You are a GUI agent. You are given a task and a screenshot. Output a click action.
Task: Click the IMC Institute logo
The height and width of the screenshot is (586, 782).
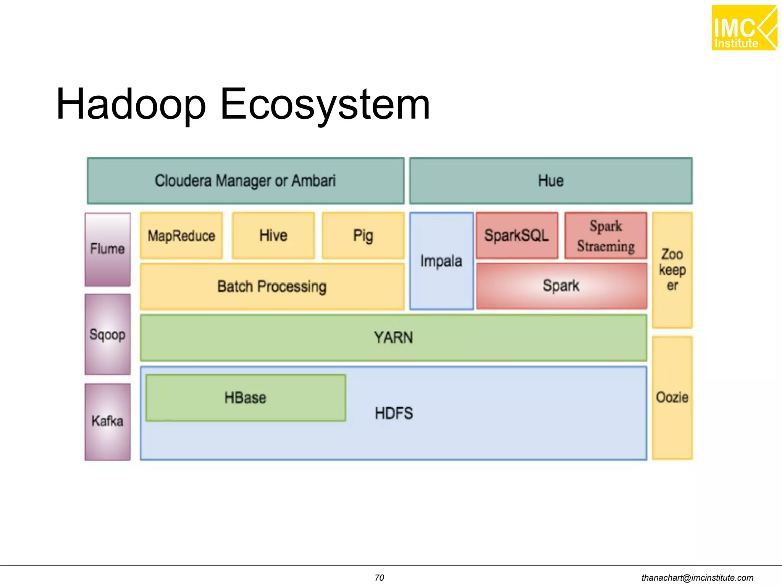(744, 28)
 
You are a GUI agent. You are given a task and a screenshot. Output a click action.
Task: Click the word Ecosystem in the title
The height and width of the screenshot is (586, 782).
(325, 104)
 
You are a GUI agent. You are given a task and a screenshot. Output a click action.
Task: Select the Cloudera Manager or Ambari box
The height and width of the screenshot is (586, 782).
(246, 181)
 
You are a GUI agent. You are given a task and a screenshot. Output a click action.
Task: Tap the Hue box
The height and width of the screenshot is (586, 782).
(551, 181)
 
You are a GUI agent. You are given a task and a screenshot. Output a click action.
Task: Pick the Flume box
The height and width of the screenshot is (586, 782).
(108, 249)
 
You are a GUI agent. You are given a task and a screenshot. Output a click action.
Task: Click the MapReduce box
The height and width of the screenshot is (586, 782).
(181, 236)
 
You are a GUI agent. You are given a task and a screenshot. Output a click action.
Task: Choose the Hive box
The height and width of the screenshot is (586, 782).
(273, 236)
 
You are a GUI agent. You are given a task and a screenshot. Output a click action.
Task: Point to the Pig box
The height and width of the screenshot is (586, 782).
(363, 236)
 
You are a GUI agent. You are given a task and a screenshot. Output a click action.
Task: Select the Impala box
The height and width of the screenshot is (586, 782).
(441, 261)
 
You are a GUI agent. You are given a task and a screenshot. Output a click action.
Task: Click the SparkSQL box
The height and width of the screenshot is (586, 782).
(517, 236)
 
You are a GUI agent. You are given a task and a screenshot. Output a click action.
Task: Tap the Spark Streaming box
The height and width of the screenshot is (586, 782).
(606, 236)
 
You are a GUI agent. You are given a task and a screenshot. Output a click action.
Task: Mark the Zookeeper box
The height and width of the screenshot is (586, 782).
(672, 270)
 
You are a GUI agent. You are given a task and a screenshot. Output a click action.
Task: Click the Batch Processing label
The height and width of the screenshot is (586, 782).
(272, 287)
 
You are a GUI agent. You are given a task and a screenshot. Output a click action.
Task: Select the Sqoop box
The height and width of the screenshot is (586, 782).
(108, 335)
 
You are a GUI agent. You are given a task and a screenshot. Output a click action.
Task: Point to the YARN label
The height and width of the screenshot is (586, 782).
(393, 338)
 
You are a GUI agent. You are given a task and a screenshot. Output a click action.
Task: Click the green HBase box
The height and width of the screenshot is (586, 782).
(246, 398)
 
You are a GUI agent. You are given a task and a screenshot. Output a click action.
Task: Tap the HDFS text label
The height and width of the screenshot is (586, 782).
(394, 413)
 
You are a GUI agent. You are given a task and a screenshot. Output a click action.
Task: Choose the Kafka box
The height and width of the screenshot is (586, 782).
(108, 422)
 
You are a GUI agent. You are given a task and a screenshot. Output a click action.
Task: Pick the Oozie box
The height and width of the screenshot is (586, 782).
(672, 398)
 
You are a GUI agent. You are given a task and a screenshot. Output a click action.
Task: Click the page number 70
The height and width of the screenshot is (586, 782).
(379, 578)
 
